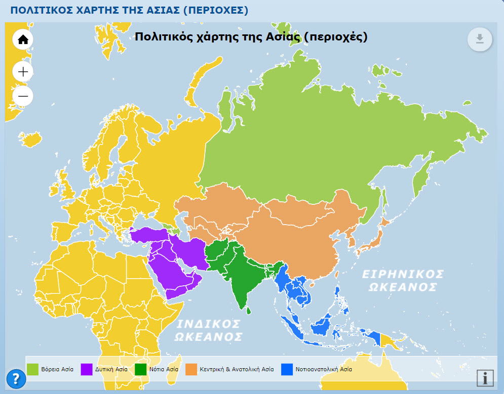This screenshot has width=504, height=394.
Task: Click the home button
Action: coord(23,39)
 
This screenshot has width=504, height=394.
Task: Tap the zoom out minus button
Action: coord(23,96)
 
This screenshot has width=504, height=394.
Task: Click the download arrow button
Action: coord(480,39)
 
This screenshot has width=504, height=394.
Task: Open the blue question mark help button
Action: coord(16,378)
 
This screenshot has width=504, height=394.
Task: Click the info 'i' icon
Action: coord(485,378)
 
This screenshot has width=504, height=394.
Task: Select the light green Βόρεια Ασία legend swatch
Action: coord(33,369)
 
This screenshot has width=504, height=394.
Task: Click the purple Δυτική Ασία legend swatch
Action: coord(87,369)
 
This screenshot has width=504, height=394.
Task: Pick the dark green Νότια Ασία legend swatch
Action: coord(141,369)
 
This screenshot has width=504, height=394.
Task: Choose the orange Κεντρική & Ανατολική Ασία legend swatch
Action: coord(191,369)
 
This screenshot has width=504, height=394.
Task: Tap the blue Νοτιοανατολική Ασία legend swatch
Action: coord(287,369)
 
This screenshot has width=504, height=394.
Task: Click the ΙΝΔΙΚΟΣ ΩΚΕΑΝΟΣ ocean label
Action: coord(208,330)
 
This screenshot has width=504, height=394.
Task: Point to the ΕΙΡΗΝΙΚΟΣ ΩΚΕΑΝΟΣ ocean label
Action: coord(403,280)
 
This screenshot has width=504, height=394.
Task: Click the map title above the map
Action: coord(251,37)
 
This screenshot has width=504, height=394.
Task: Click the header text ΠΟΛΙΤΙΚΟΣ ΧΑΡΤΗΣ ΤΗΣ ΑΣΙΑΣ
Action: coord(129,10)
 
